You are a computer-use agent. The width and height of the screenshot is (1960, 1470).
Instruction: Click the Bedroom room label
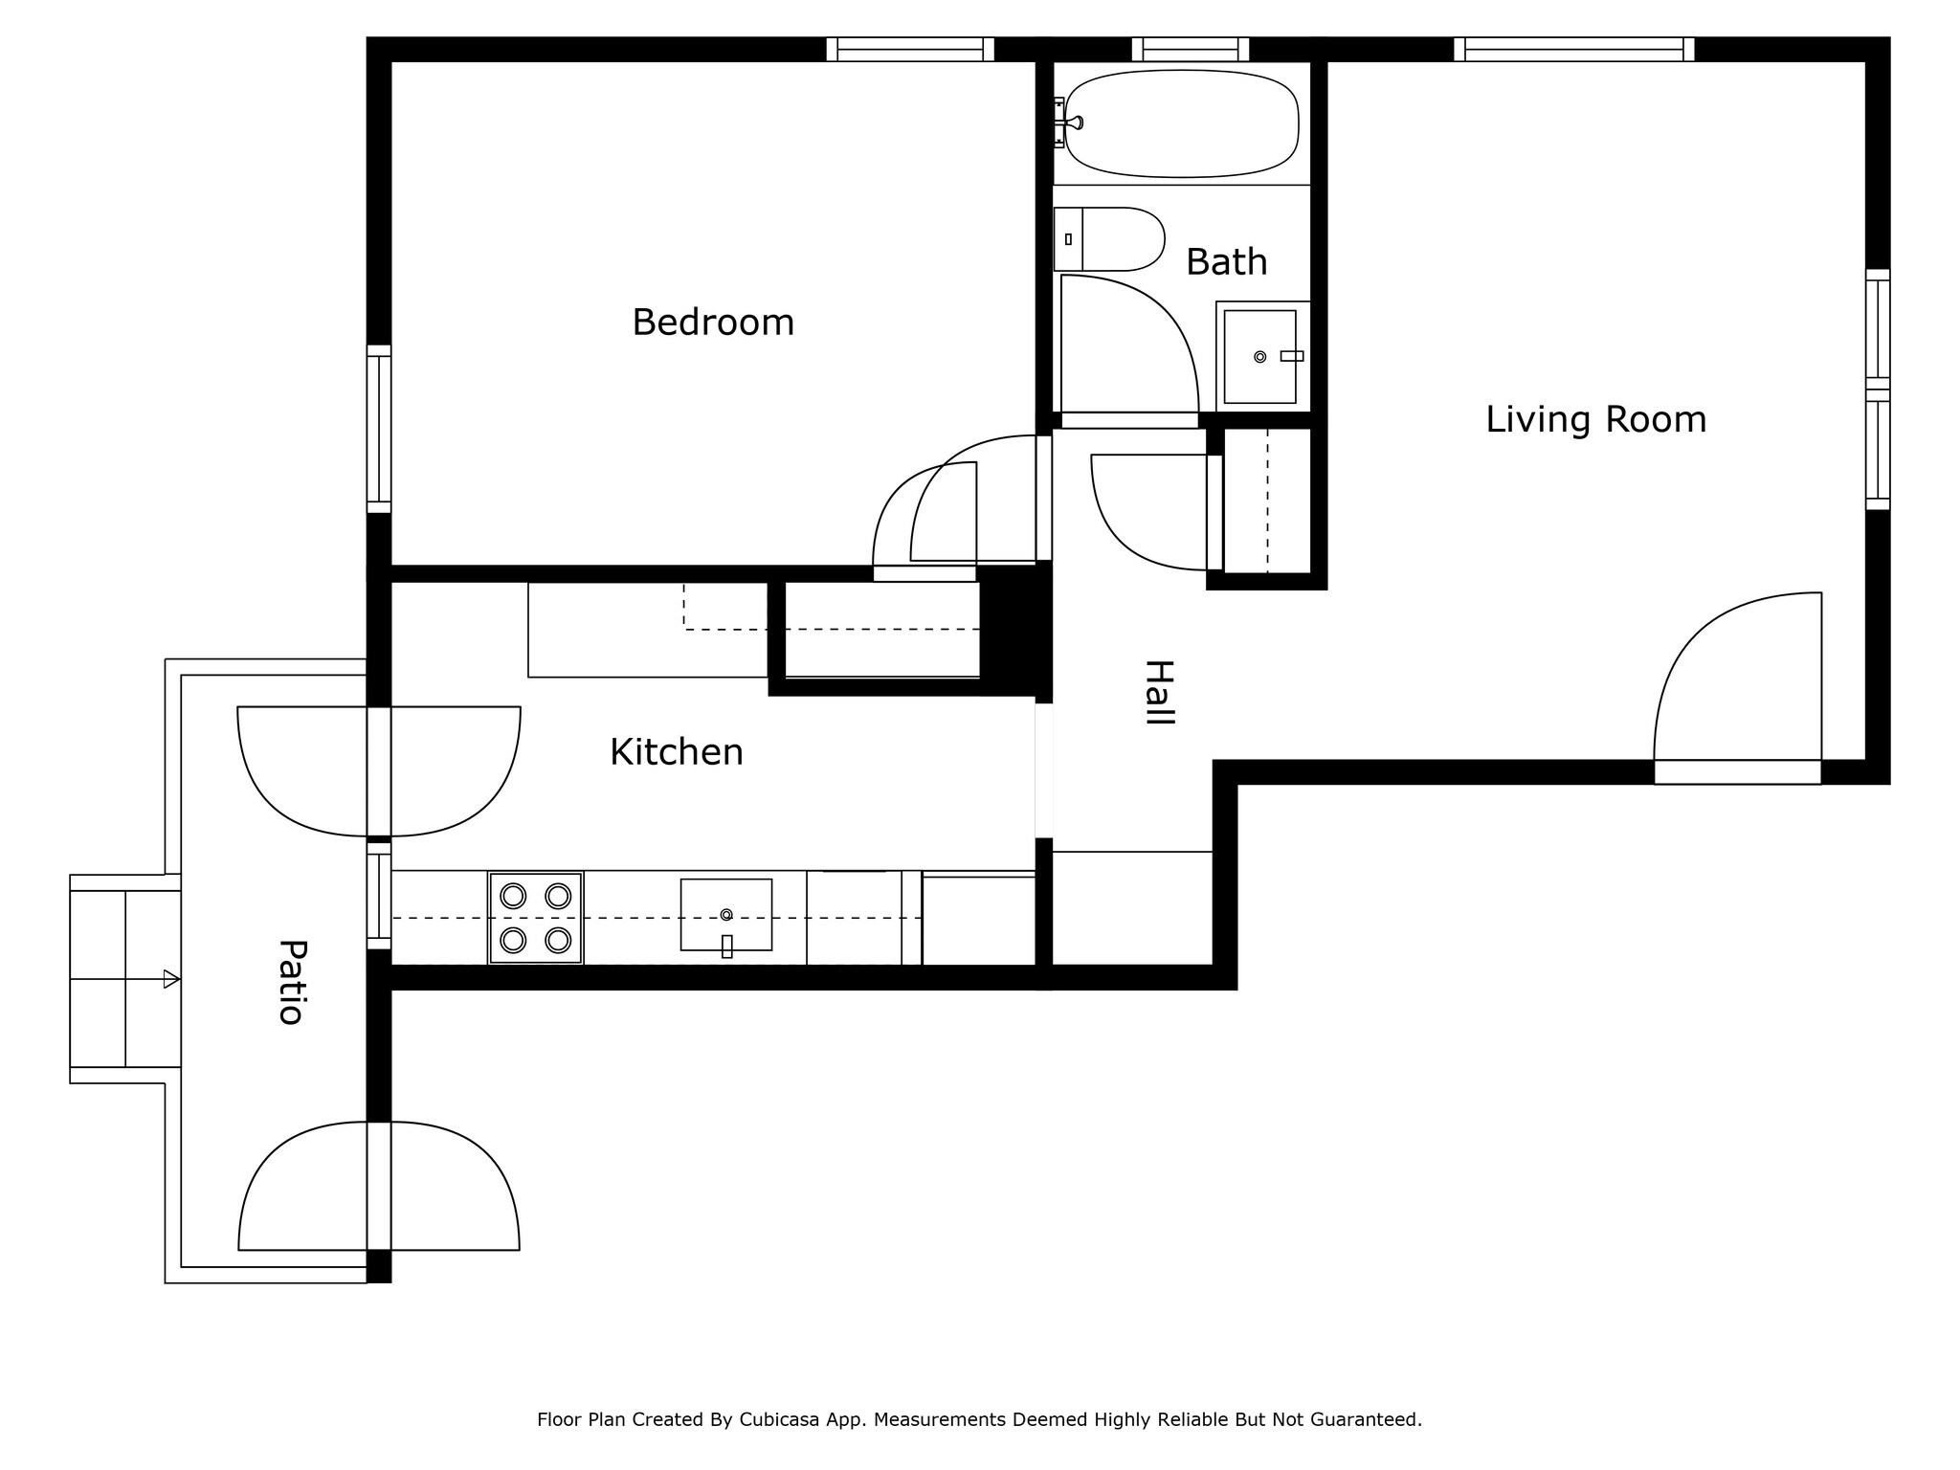coord(713,323)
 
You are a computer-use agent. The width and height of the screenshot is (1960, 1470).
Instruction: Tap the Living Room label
coord(1595,419)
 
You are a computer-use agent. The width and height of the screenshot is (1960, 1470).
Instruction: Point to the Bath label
coord(1226,261)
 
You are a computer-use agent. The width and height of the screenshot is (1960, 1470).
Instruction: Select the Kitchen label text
coord(677,752)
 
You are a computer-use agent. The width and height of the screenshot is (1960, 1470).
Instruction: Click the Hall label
coord(1159,693)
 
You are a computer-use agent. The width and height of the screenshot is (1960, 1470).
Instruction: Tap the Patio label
coord(291,982)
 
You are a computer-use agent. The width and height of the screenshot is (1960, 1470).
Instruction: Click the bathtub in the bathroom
coord(1182,123)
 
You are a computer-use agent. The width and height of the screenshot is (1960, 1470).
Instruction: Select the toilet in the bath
coord(1108,239)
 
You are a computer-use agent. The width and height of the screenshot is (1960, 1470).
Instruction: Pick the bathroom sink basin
coord(1259,356)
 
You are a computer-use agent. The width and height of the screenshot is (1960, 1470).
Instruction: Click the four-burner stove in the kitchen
coord(536,918)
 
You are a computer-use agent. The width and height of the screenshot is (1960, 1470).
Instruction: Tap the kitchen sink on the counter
coord(726,915)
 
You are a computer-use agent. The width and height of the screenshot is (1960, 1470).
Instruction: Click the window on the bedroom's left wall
coord(379,429)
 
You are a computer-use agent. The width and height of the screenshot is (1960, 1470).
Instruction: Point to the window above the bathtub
coord(1191,49)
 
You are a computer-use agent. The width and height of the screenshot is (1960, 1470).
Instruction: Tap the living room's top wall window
coord(1574,49)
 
